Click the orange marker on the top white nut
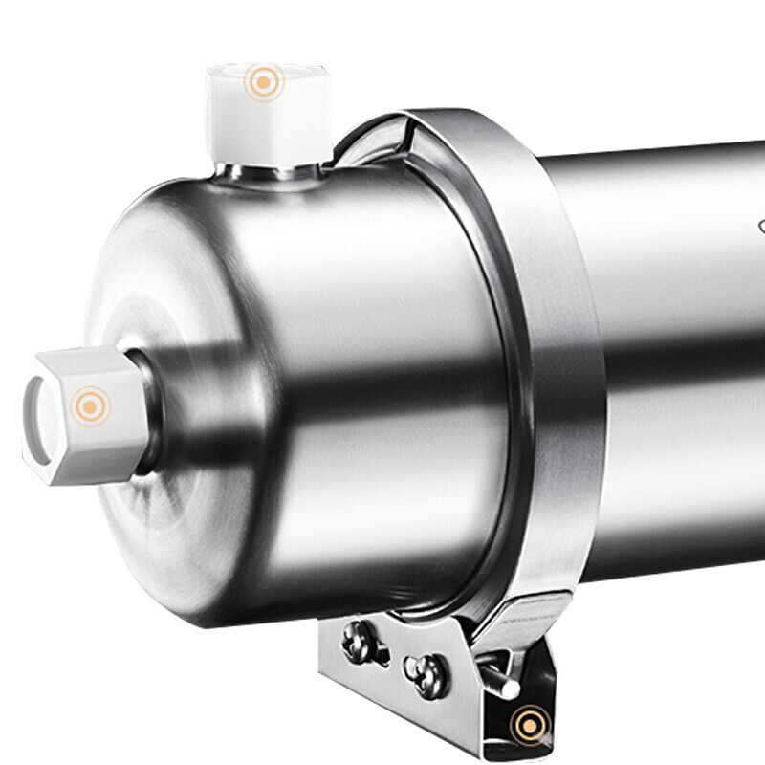tap(263, 82)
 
